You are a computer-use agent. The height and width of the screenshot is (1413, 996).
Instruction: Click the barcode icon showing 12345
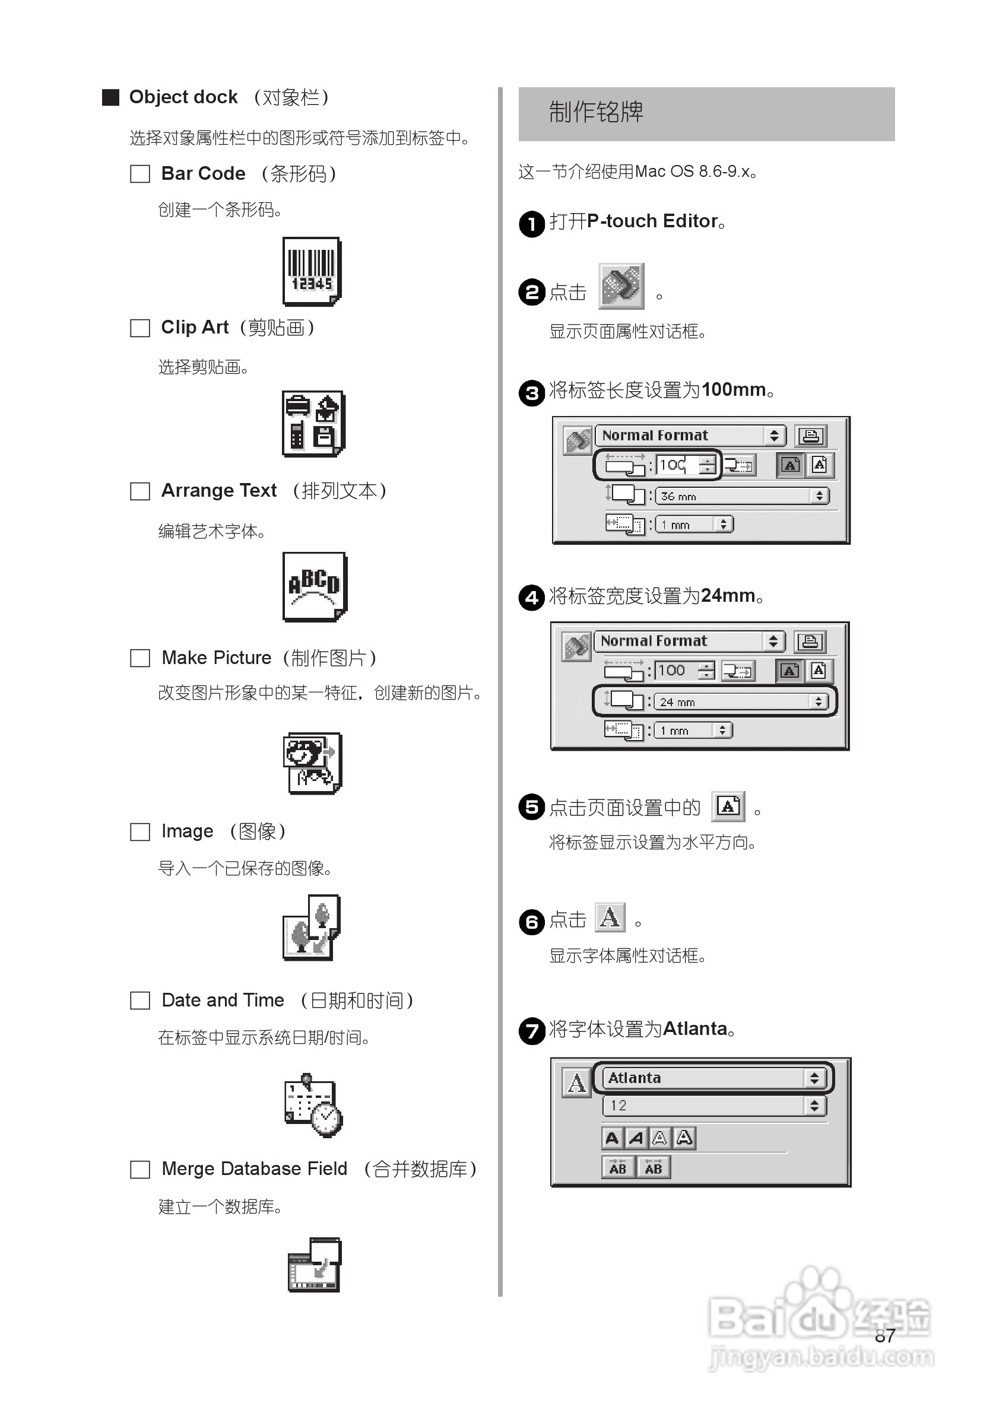click(x=312, y=271)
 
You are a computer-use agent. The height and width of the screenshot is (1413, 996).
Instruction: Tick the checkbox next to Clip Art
click(x=139, y=328)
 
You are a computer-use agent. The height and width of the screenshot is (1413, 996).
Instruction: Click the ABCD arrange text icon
click(x=314, y=586)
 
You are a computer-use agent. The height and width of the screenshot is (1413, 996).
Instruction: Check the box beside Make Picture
click(x=139, y=658)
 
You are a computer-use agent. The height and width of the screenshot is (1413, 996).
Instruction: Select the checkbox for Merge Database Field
click(x=139, y=1169)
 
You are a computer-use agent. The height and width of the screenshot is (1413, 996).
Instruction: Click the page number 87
click(x=884, y=1336)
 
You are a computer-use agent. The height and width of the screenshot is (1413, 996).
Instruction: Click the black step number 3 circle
click(x=531, y=393)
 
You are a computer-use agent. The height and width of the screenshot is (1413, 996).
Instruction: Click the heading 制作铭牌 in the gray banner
click(x=595, y=113)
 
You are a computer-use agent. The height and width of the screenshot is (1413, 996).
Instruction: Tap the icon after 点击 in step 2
click(x=621, y=286)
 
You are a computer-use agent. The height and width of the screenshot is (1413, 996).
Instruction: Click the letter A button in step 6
click(x=610, y=917)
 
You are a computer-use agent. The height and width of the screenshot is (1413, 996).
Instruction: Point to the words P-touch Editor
click(x=652, y=221)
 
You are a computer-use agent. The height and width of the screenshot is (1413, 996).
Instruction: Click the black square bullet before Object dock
click(x=110, y=97)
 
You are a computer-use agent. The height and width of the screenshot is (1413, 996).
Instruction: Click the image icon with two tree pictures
click(x=312, y=928)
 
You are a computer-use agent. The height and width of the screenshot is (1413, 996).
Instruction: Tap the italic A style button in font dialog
click(x=636, y=1138)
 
